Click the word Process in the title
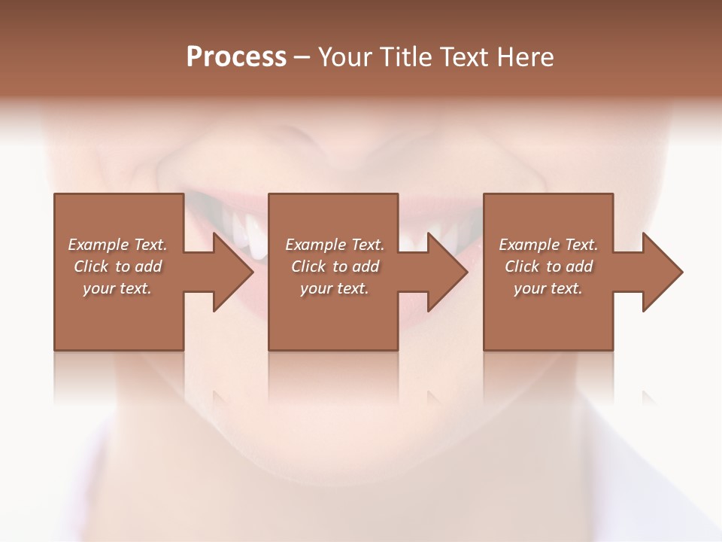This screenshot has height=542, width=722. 236,57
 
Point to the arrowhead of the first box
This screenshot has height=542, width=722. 233,272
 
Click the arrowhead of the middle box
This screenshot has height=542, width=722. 447,272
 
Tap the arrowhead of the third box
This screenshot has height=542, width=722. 663,272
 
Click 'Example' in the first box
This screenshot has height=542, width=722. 99,245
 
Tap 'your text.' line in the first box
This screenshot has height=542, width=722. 117,288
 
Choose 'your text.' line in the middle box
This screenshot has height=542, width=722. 335,288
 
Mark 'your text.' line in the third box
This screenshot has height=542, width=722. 548,288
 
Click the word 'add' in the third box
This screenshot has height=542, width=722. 579,266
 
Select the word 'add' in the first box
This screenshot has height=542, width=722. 148,266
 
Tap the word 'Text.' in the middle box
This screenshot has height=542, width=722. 366,245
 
